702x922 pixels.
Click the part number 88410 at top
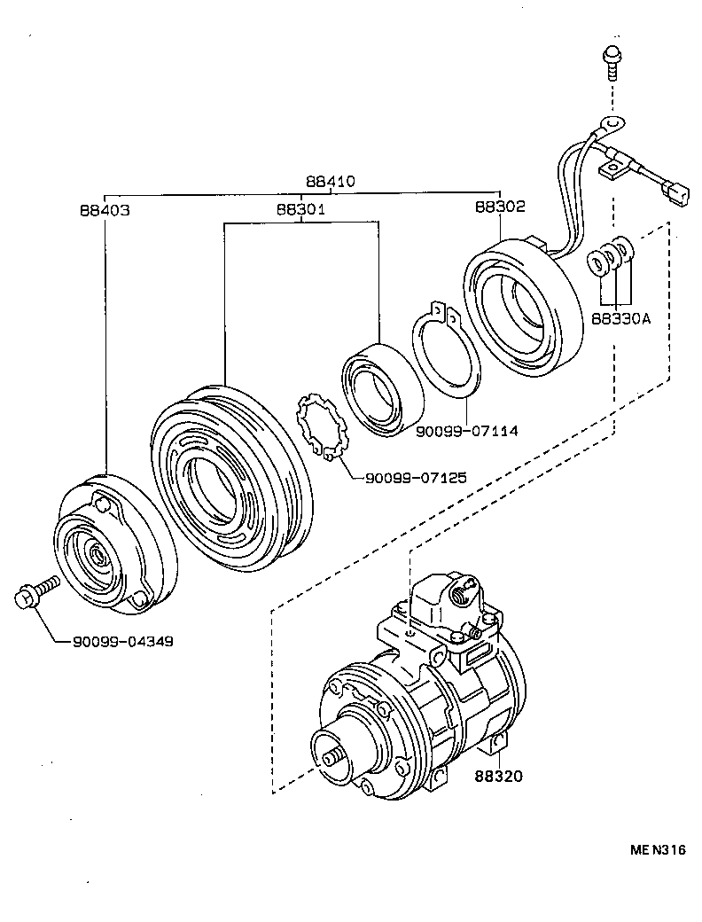[331, 182]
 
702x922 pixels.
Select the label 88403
[105, 211]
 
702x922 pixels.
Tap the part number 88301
[300, 211]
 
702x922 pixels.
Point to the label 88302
[500, 207]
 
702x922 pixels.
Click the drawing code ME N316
[658, 849]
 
